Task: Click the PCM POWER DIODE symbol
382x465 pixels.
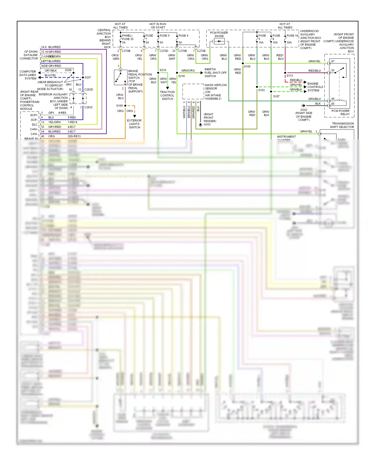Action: point(219,41)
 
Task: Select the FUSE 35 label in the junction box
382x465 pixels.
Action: point(128,39)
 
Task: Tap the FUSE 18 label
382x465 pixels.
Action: point(292,36)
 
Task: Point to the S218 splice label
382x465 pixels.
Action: point(163,70)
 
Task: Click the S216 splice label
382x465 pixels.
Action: point(181,76)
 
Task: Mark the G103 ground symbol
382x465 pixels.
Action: point(200,125)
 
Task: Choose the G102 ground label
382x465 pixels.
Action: point(304,110)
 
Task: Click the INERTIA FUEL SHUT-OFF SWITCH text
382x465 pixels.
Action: point(215,73)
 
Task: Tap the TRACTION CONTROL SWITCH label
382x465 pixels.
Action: point(167,95)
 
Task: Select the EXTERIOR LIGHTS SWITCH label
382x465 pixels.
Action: point(134,124)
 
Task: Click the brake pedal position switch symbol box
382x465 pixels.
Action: point(121,77)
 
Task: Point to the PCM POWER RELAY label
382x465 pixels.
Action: point(340,112)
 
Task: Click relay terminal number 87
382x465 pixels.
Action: point(333,61)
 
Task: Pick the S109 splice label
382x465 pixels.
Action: point(247,67)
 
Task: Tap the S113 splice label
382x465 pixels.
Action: point(290,76)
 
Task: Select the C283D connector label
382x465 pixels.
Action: point(89,90)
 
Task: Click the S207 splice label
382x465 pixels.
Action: point(88,77)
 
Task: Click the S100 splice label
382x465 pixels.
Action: point(119,106)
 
